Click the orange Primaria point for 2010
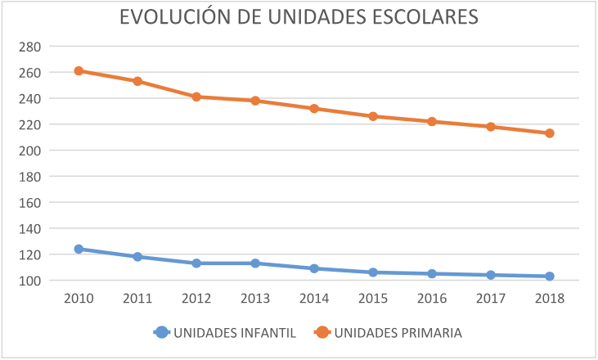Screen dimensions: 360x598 [x=79, y=71]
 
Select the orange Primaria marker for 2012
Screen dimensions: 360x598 [x=196, y=97]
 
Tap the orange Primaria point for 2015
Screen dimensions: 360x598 [x=373, y=116]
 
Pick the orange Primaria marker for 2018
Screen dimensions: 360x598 [x=550, y=133]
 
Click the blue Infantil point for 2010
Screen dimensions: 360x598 [x=79, y=249]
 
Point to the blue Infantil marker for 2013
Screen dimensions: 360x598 [x=255, y=263]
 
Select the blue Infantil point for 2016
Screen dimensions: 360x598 [x=432, y=273]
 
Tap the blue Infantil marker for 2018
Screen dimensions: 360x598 [x=550, y=277]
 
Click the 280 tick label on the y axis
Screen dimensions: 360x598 [x=29, y=47]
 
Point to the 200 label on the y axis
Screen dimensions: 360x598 [x=29, y=151]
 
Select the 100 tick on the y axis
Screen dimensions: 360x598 [x=29, y=281]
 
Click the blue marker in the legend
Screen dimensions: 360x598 [x=161, y=332]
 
